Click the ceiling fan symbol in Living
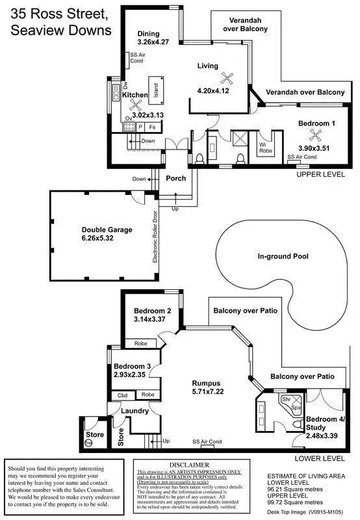pos(227,78)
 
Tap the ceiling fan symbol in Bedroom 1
pos(316,136)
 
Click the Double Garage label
pos(107,229)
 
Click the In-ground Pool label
pos(282,256)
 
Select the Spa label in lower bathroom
pos(295,407)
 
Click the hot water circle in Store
pos(88,443)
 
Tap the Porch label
pos(175,178)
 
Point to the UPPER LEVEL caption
pos(322,175)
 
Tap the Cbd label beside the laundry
pos(122,395)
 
